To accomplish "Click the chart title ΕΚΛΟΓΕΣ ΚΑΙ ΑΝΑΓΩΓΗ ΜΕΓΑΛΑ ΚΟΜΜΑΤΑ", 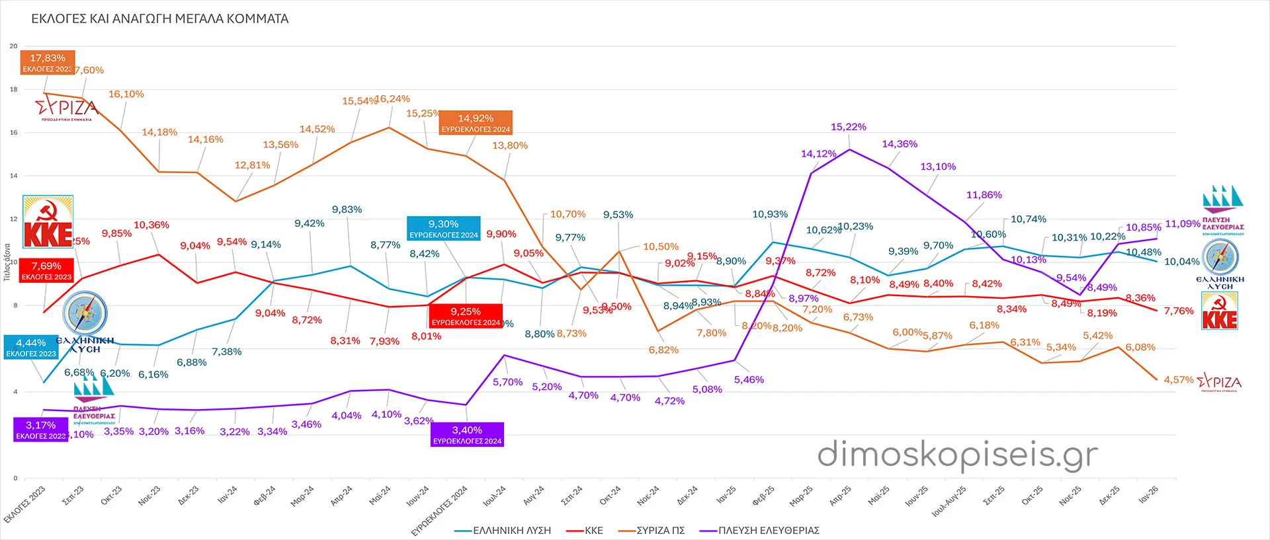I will [160, 19].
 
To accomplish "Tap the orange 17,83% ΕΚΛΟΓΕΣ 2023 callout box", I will [48, 63].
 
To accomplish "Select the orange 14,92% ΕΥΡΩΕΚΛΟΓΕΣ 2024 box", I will [476, 123].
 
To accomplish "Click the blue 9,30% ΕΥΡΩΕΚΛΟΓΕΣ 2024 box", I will [444, 229].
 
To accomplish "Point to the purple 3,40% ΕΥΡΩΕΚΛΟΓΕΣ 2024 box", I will [467, 435].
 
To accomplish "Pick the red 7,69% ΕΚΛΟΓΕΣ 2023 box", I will [46, 271].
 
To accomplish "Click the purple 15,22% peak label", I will [849, 127].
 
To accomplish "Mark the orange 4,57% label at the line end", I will [1178, 380].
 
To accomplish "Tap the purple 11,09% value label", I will [1182, 224].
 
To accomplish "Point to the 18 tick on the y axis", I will [13, 89].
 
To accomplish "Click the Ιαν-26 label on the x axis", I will [1148, 495].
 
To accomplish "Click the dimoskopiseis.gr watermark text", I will [957, 455].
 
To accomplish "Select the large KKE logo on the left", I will [48, 222].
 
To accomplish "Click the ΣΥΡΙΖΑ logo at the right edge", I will [1219, 383].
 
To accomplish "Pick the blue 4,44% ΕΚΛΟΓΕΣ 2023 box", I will [31, 348].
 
